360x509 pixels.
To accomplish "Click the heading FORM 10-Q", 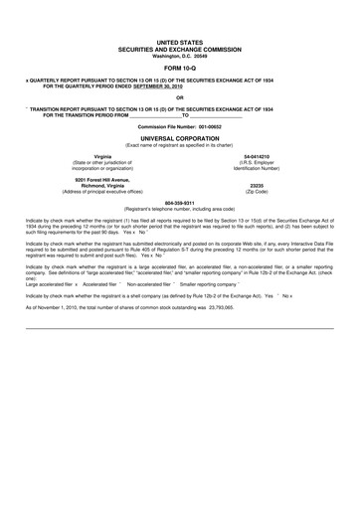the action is point(179,69).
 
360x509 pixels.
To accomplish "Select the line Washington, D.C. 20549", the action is point(179,56).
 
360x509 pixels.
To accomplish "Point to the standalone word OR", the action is point(179,97).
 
